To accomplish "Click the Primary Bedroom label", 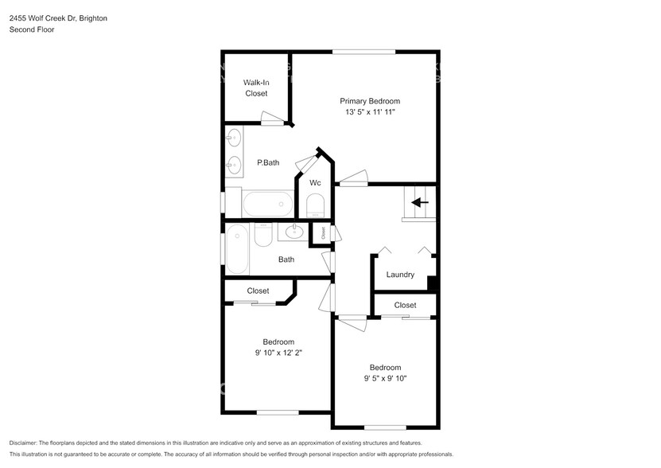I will coord(369,101).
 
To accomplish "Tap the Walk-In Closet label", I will coord(255,88).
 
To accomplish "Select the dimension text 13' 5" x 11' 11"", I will coord(369,113).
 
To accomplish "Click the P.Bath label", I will coord(267,162).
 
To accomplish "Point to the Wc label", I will coord(315,183).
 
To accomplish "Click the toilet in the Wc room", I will coord(316,207).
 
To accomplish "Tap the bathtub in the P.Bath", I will coord(268,204).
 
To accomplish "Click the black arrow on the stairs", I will coord(419,203).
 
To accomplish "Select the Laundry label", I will coord(400,275).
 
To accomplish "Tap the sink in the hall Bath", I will coord(294,232).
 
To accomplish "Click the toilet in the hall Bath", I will coord(263,235).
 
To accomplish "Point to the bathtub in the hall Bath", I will coord(236,250).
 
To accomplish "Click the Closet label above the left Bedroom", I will coord(258,291).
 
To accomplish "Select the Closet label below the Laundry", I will coord(405,305).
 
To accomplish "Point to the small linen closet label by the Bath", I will coord(323,234).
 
